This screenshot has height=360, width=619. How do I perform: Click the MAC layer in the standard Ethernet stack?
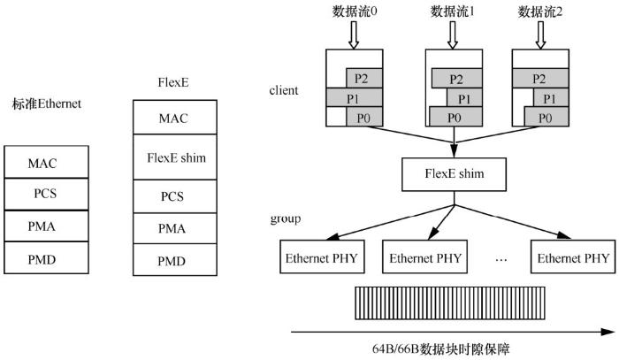(46, 163)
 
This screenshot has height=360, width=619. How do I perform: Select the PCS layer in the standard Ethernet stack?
(46, 194)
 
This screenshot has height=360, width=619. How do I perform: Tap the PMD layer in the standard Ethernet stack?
(46, 257)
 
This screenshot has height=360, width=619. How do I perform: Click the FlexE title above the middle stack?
(171, 84)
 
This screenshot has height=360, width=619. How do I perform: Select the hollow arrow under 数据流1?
(453, 34)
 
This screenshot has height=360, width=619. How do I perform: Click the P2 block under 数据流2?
(549, 77)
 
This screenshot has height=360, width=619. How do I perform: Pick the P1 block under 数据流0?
(351, 97)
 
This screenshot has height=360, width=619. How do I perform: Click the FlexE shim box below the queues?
(454, 174)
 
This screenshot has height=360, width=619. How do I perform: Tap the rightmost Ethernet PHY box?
(571, 258)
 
